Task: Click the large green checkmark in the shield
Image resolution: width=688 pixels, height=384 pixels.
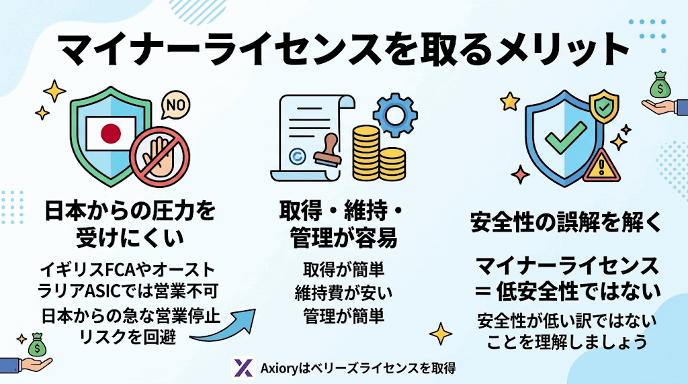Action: click(566, 140)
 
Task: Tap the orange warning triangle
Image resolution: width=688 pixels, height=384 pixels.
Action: click(602, 166)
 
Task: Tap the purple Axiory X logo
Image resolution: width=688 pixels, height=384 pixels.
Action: click(243, 368)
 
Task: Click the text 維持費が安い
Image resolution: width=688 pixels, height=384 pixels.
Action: click(343, 293)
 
